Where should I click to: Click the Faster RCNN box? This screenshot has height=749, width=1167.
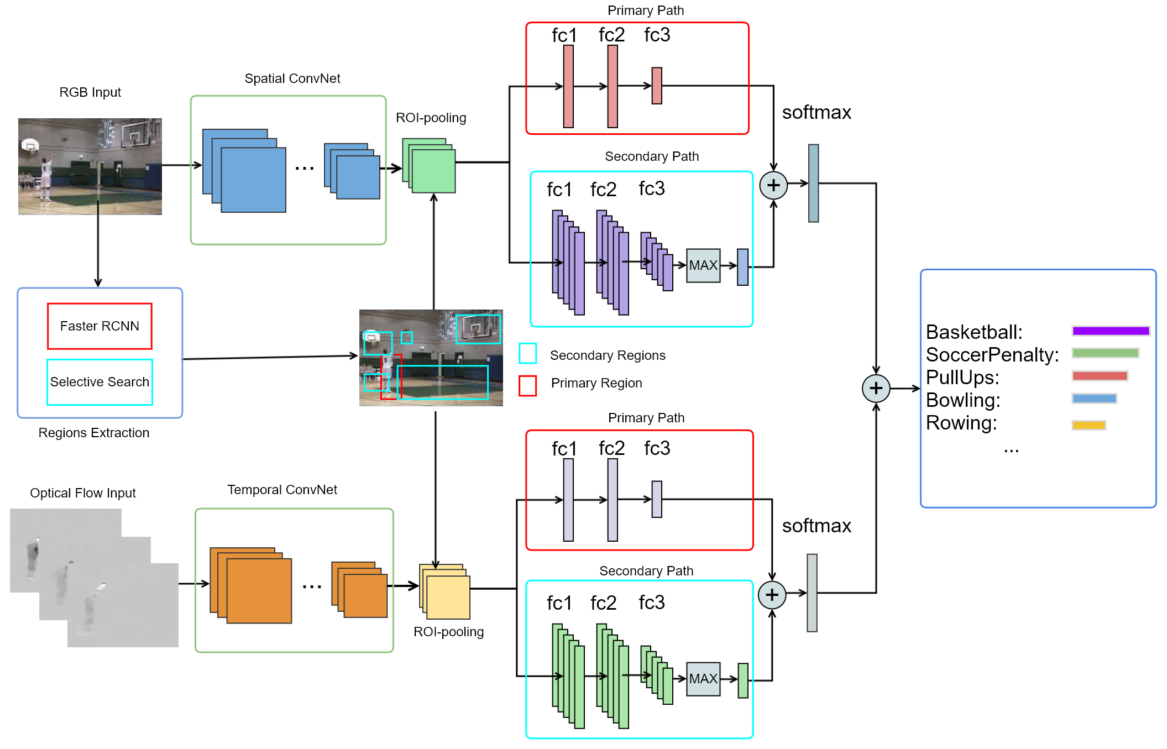click(100, 326)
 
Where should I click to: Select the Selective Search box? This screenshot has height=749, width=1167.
click(100, 382)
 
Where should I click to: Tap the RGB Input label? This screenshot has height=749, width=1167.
click(90, 92)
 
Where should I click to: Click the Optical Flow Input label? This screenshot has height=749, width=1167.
click(83, 493)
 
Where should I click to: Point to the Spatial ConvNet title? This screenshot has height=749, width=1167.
click(292, 78)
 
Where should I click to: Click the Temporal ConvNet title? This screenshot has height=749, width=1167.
click(282, 490)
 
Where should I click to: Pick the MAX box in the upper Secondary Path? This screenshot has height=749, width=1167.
click(703, 265)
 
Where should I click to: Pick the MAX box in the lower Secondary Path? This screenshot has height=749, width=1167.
click(703, 679)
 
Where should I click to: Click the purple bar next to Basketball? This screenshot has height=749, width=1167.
click(1110, 331)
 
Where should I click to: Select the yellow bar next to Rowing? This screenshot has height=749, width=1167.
click(1088, 425)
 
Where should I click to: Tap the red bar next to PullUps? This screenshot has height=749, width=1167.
click(1099, 376)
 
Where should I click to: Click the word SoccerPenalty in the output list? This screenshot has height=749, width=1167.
click(992, 355)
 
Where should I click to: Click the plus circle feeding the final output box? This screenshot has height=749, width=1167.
click(876, 389)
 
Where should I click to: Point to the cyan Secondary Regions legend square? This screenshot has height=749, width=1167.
click(527, 354)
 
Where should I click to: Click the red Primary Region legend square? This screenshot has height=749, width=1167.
click(527, 386)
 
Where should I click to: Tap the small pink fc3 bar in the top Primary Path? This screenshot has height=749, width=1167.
click(657, 86)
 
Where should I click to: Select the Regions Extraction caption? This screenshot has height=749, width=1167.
click(94, 433)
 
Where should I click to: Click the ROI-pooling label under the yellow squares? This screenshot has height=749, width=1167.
click(448, 632)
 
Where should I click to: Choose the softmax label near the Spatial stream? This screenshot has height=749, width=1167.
click(817, 113)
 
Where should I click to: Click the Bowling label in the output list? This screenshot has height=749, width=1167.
click(963, 400)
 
